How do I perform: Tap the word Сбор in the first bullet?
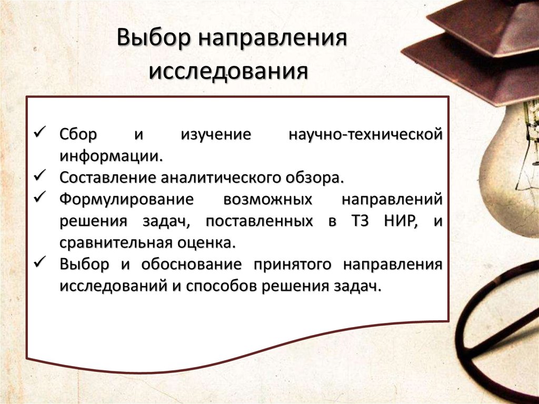(x=78, y=134)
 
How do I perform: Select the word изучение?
(x=216, y=135)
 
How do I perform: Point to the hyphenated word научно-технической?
(x=365, y=134)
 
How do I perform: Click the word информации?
(x=111, y=156)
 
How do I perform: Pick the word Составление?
(x=107, y=178)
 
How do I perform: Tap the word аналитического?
(x=221, y=178)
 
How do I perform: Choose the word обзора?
(x=315, y=178)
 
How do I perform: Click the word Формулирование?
(x=126, y=200)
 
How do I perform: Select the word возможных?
(x=268, y=200)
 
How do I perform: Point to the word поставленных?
(x=259, y=221)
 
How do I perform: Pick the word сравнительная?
(x=116, y=243)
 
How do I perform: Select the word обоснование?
(x=192, y=264)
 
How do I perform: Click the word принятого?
(x=292, y=265)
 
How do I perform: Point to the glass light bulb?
(x=512, y=169)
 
